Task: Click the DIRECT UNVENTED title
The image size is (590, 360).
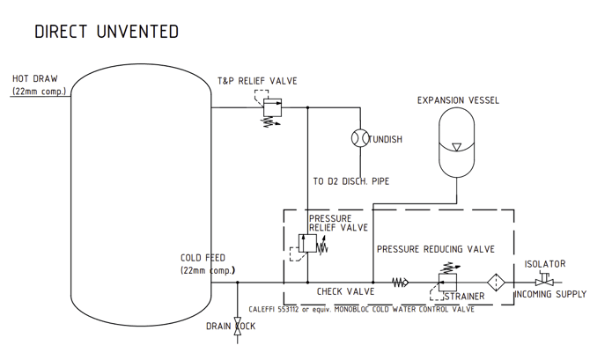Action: click(x=106, y=32)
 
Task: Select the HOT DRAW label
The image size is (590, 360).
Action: click(x=34, y=78)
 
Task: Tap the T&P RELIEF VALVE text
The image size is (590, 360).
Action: click(x=257, y=81)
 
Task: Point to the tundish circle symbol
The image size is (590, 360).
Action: click(x=358, y=138)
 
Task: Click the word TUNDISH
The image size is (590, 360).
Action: click(x=385, y=139)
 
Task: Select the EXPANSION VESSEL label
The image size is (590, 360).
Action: click(x=457, y=100)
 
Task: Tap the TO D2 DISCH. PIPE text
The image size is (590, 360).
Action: click(x=350, y=181)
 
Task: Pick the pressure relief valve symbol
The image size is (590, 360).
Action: click(x=307, y=245)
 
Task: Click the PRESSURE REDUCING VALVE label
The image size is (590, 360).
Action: click(x=435, y=249)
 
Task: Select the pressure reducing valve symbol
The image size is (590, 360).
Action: click(x=448, y=282)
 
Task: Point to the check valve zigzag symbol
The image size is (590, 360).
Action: click(x=401, y=283)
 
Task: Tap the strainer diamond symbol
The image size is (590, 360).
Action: click(x=496, y=283)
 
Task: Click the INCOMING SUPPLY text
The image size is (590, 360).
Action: click(x=549, y=294)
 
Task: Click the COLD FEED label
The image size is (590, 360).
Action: click(x=203, y=258)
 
